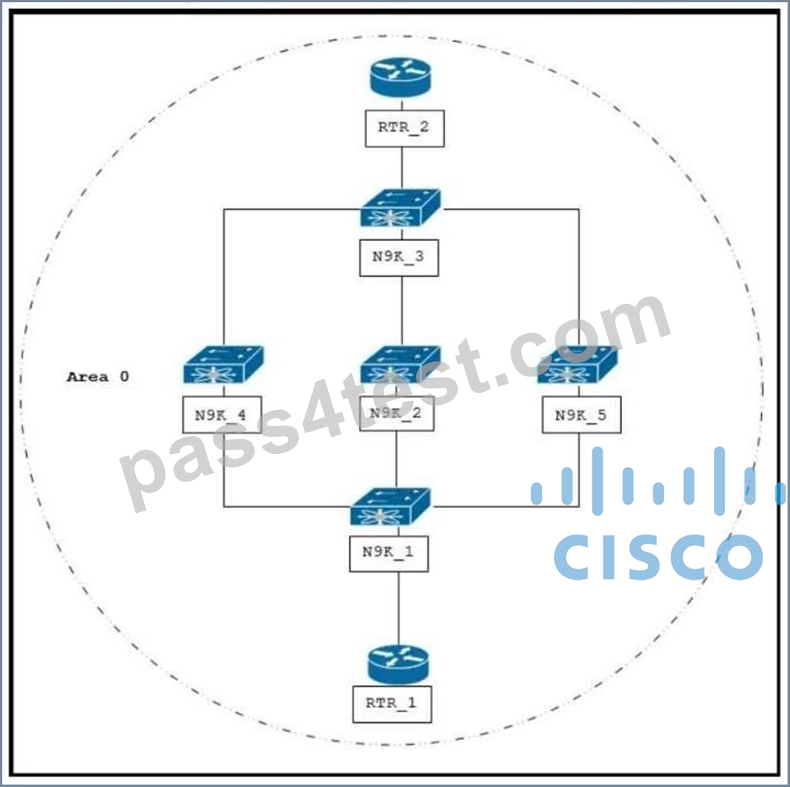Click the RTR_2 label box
pos(405,128)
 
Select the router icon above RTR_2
pos(400,77)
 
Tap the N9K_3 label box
pos(399,258)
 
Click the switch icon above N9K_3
pos(400,208)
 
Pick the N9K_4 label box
pos(222,414)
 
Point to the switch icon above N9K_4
pos(223,364)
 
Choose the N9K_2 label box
pos(396,413)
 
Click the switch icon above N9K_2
pos(400,364)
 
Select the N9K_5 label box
pos(582,414)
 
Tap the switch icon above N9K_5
pos(577,364)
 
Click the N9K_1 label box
pos(389,553)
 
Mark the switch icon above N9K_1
pos(391,506)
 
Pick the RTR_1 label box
pos(392,704)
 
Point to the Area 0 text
pos(98,376)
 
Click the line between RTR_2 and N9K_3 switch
pos(402,168)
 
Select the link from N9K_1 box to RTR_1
pos(399,609)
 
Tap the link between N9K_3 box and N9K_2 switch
pos(402,311)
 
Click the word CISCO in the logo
pos(658,557)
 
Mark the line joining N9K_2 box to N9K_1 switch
pos(396,459)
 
